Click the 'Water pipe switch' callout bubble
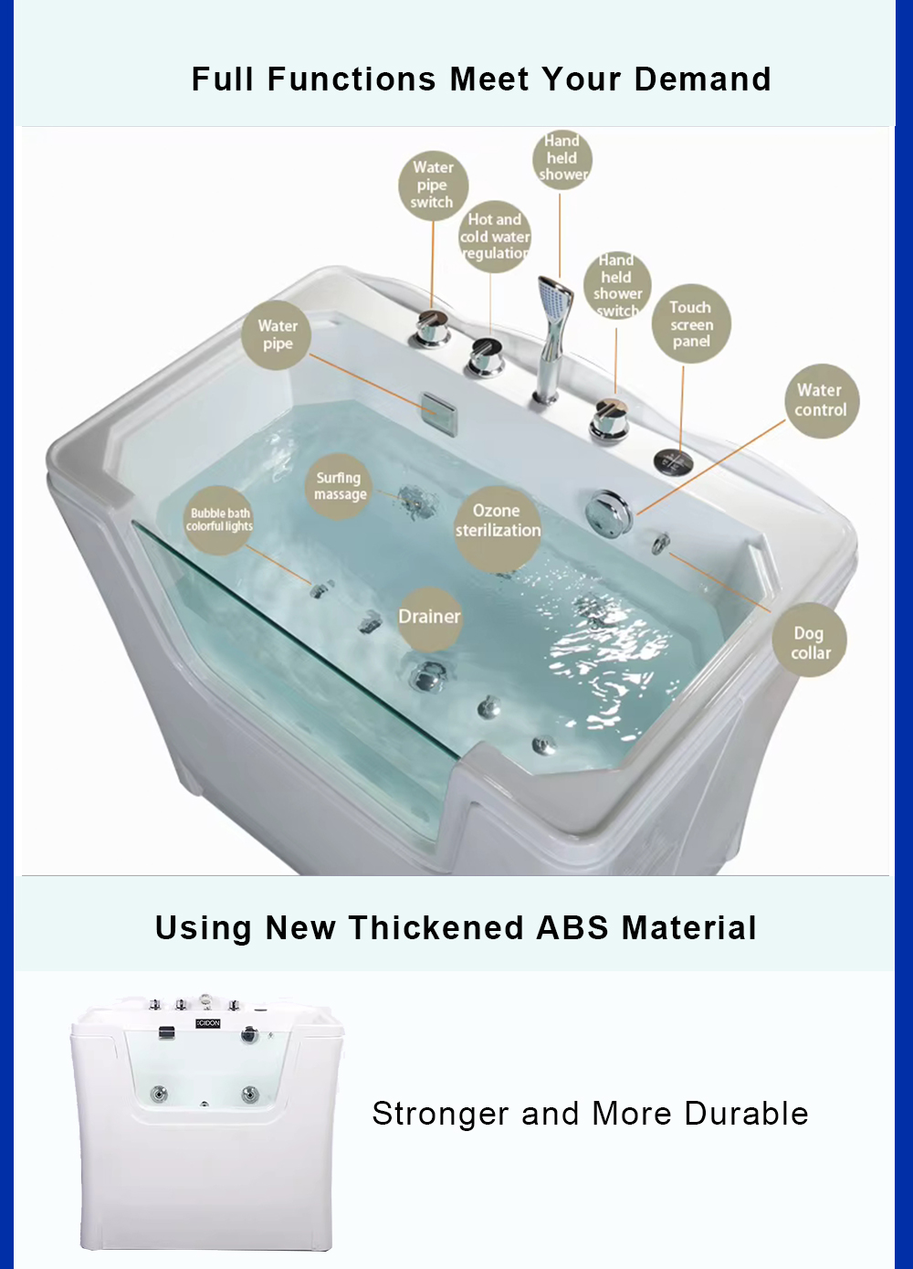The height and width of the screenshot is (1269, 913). point(433,185)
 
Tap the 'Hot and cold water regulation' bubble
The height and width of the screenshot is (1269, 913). point(494,237)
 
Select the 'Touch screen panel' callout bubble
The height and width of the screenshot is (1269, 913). point(691,324)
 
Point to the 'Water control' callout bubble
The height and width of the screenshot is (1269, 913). point(822,400)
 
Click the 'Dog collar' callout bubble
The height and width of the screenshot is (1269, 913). point(810,640)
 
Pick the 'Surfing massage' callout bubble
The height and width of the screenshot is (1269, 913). point(339,487)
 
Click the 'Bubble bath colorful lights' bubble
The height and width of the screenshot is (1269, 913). point(218,520)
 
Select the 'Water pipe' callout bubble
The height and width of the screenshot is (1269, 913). point(277,335)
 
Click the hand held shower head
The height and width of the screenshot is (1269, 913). point(556,301)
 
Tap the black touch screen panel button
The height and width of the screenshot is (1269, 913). point(673,460)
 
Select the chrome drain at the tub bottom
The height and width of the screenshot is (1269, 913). point(428,675)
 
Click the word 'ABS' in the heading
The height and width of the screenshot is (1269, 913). point(572,928)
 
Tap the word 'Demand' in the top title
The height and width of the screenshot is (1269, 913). point(702,79)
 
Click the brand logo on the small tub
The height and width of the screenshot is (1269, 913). point(208,1023)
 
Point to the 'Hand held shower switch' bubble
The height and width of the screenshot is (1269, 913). point(617,286)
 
